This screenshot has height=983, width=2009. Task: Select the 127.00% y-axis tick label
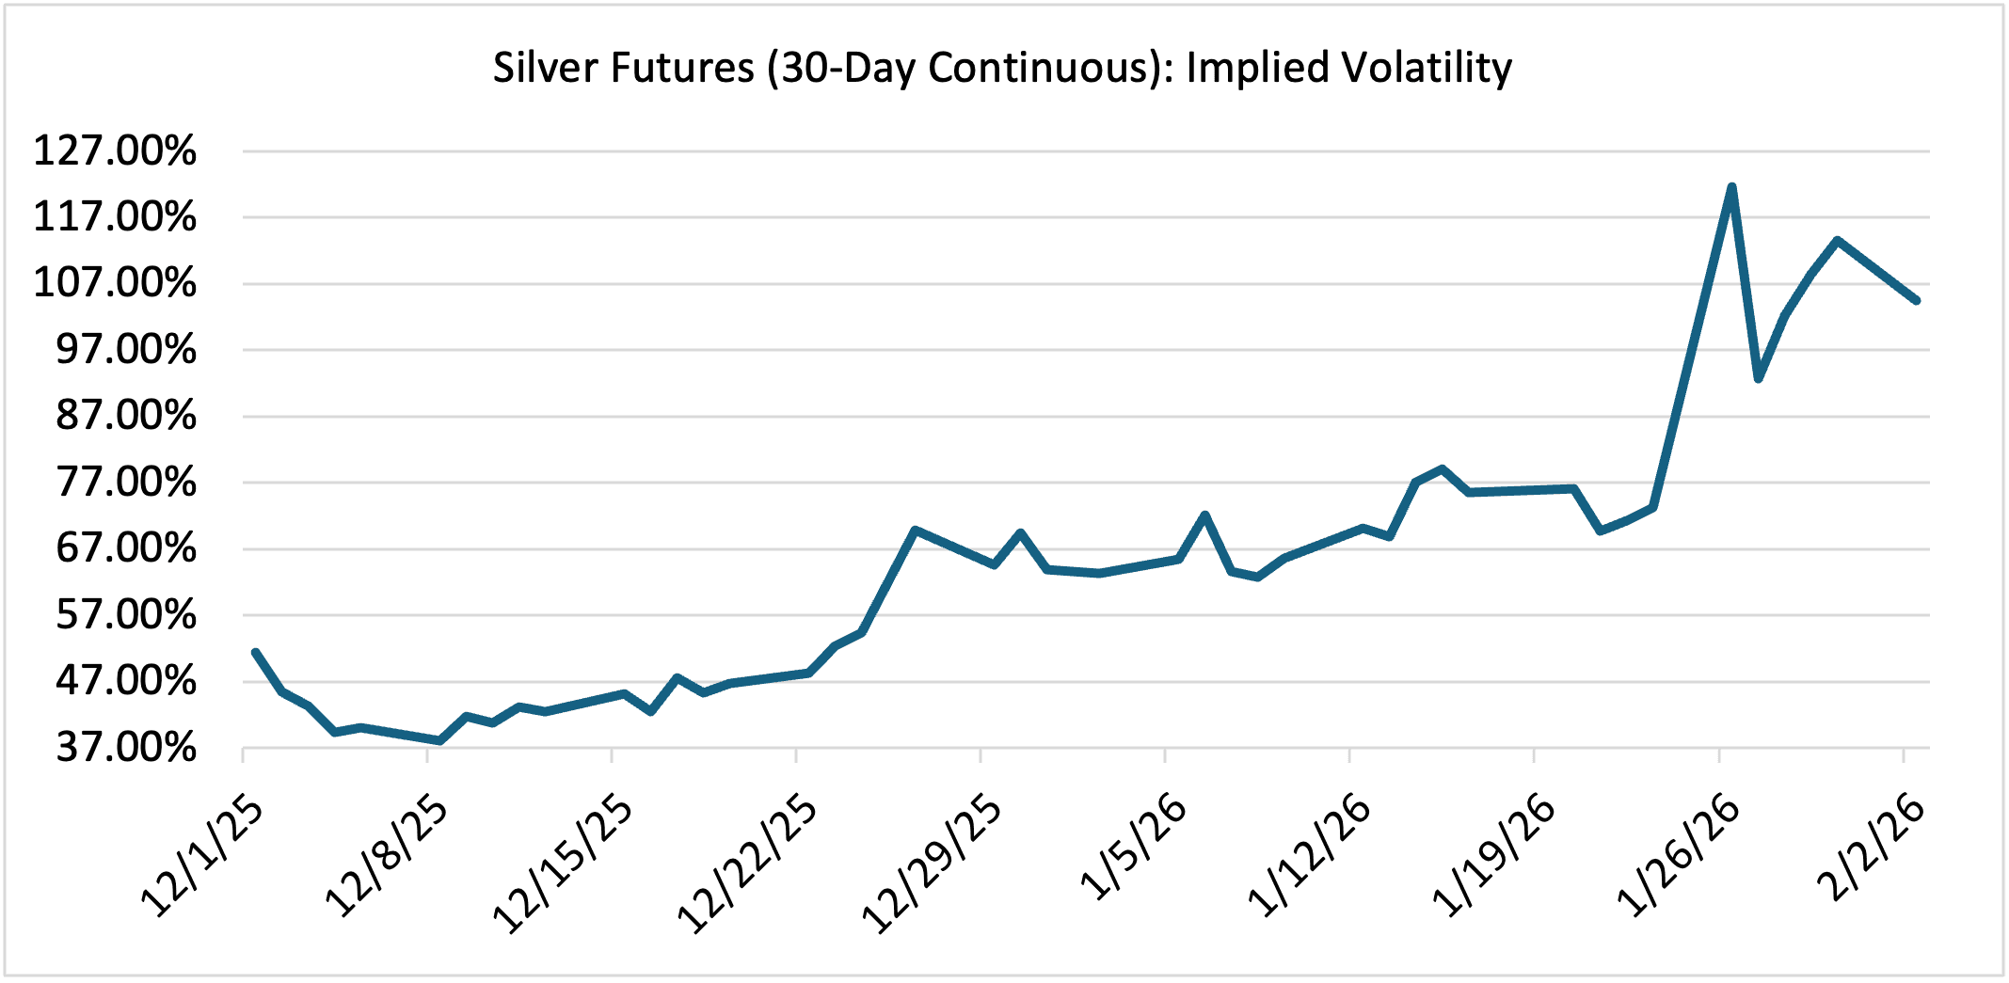(115, 151)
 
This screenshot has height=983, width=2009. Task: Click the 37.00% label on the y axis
(126, 748)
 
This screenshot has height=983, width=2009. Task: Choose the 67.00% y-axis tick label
(126, 548)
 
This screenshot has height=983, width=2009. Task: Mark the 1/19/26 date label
(1494, 856)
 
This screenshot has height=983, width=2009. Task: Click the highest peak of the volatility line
(1731, 187)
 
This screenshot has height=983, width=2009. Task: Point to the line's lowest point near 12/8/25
(439, 741)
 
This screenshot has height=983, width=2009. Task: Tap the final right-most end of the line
(1917, 301)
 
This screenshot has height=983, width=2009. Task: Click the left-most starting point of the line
(255, 652)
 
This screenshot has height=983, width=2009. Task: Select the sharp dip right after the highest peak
(1758, 378)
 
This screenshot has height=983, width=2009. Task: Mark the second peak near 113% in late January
(1837, 240)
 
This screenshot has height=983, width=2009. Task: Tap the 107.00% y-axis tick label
(115, 283)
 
